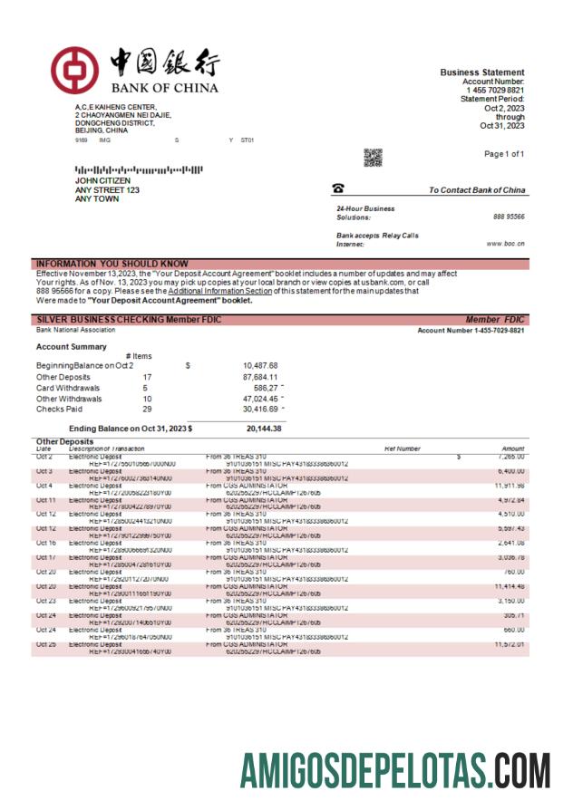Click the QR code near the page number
(373, 158)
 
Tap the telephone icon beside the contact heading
(338, 188)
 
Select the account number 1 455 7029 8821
(494, 91)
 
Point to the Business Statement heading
(481, 72)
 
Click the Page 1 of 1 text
(504, 154)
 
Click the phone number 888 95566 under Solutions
(509, 217)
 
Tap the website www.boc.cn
(507, 244)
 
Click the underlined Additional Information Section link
(219, 291)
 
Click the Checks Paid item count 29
(146, 410)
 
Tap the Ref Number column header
(403, 448)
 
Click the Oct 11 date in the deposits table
(45, 499)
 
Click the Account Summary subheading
(71, 346)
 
